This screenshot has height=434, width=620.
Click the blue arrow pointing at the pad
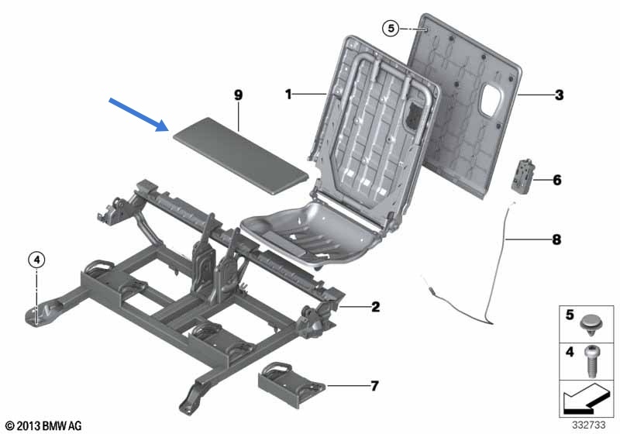(x=139, y=114)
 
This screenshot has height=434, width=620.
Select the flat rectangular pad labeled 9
(x=241, y=155)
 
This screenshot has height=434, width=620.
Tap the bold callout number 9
(x=238, y=95)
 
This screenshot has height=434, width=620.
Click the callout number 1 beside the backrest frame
(x=288, y=95)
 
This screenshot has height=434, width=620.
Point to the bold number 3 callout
(x=559, y=95)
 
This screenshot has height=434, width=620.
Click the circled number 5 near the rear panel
(x=391, y=29)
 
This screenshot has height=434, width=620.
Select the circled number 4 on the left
(x=36, y=260)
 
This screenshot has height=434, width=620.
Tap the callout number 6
(x=557, y=181)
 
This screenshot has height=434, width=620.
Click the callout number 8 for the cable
(x=556, y=239)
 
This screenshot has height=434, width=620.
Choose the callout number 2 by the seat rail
(x=375, y=307)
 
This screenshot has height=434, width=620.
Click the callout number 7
(x=374, y=386)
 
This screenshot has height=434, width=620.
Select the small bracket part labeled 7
(x=291, y=384)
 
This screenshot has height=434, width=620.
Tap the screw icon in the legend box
(x=591, y=361)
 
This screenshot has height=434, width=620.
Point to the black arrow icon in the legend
(x=584, y=399)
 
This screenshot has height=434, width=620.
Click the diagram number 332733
(x=589, y=425)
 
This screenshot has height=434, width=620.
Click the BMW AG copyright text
(x=44, y=425)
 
